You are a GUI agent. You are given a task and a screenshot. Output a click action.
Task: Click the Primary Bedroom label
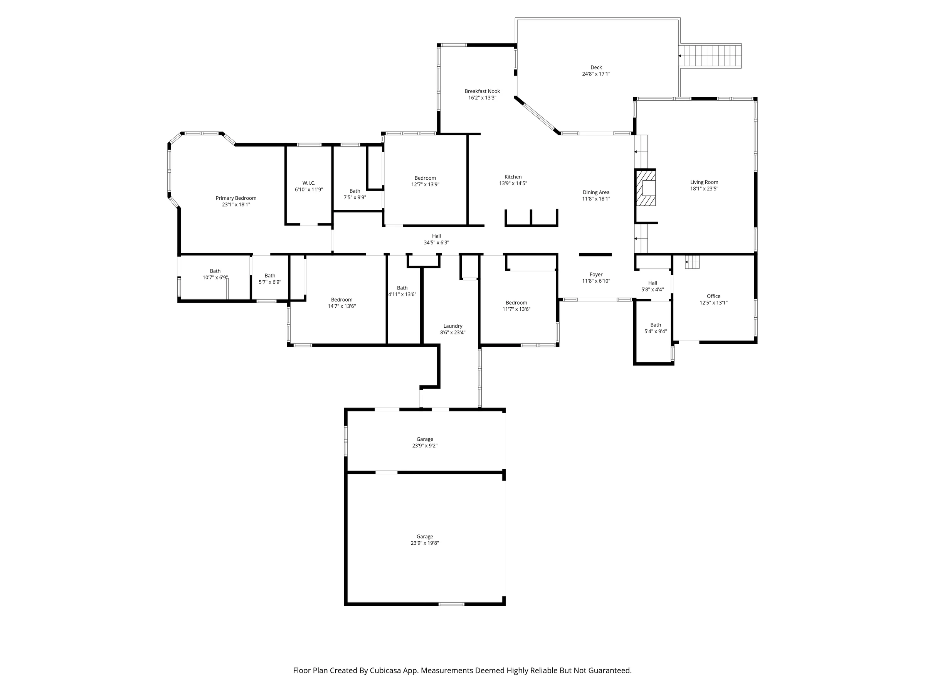tap(236, 198)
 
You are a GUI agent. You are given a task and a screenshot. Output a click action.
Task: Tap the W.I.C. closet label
tap(309, 183)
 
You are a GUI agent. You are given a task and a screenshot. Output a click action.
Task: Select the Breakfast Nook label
tap(482, 91)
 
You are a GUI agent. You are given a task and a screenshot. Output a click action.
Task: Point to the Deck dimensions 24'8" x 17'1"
tap(596, 74)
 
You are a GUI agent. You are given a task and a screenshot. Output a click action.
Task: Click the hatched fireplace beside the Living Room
tap(646, 187)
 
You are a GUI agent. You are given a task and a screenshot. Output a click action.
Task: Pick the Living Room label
tap(704, 182)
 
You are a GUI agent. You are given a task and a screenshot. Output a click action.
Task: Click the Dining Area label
tap(596, 192)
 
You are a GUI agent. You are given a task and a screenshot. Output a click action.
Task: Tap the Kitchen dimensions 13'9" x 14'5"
tap(513, 183)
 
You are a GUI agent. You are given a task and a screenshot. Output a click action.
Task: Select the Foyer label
tap(596, 275)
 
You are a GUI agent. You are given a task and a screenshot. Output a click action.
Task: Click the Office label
tap(713, 296)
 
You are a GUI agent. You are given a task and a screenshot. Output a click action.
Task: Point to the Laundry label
tap(452, 326)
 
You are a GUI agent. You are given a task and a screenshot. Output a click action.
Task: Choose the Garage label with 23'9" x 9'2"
tap(424, 439)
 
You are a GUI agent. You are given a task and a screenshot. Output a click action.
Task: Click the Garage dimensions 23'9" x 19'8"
tap(424, 543)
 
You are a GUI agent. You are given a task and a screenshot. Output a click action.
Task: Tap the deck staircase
tap(710, 56)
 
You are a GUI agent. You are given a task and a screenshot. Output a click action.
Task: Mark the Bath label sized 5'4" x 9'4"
tap(656, 325)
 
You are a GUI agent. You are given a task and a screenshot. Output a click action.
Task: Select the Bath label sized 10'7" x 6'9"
tap(215, 271)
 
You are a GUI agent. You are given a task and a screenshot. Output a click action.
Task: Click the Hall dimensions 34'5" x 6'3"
tap(436, 243)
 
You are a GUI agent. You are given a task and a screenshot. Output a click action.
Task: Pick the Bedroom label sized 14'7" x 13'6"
tap(341, 300)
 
